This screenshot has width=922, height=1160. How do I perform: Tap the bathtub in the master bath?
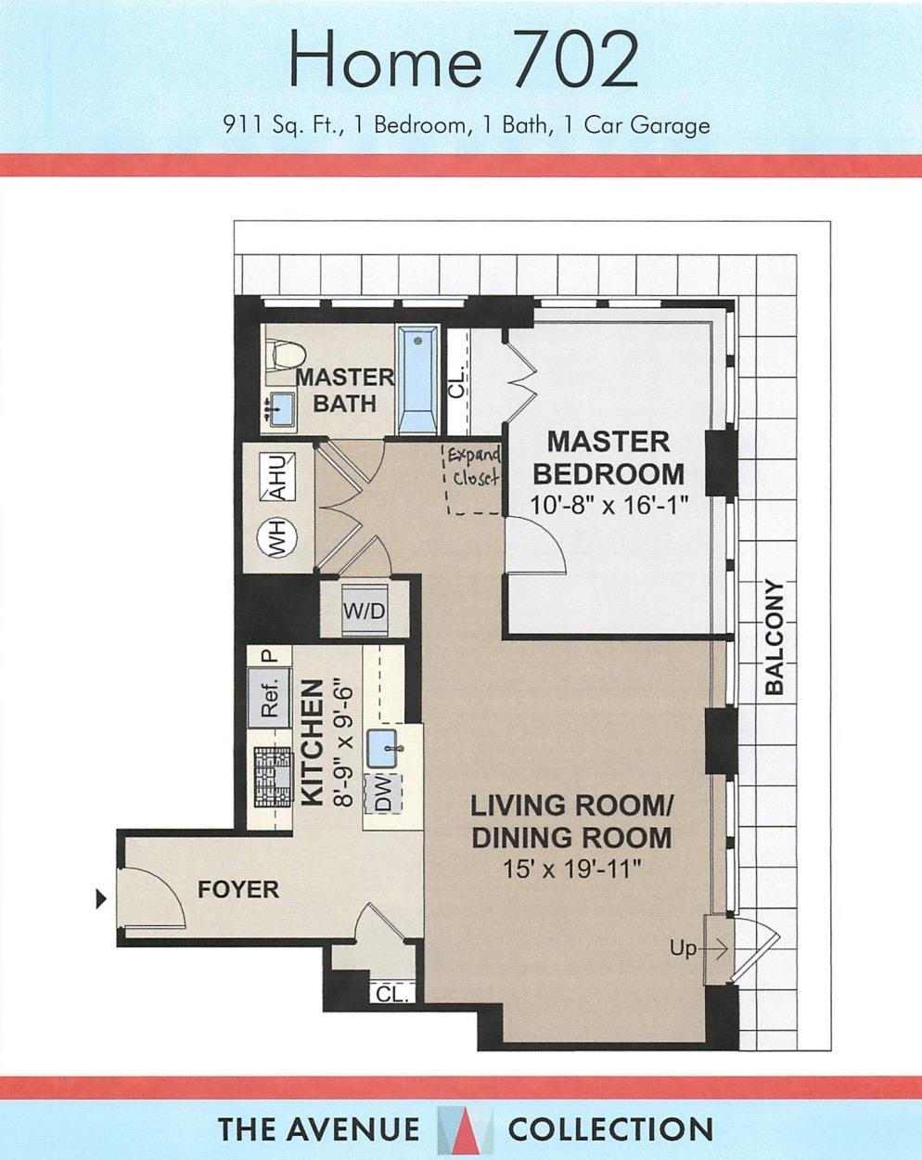pyautogui.click(x=417, y=380)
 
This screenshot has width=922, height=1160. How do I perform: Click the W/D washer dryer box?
pyautogui.click(x=365, y=611)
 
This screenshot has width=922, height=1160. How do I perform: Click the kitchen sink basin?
pyautogui.click(x=382, y=748)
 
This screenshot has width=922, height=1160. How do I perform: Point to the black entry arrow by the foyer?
pyautogui.click(x=101, y=898)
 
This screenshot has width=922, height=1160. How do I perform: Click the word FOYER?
pyautogui.click(x=238, y=889)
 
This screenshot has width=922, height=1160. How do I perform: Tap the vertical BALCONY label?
pyautogui.click(x=774, y=638)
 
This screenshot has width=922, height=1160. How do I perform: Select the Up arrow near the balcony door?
pyautogui.click(x=699, y=948)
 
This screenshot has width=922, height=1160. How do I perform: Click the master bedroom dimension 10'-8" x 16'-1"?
pyautogui.click(x=610, y=506)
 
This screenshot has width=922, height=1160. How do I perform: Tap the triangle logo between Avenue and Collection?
pyautogui.click(x=464, y=1124)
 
